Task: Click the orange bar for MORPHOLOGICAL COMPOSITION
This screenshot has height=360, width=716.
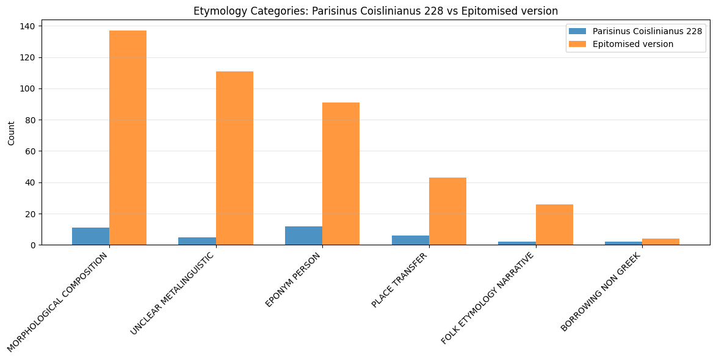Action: [128, 138]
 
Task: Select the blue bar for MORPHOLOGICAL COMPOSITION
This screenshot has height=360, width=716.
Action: [90, 236]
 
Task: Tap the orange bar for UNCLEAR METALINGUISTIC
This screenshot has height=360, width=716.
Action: [234, 158]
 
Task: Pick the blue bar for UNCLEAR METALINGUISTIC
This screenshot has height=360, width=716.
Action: [197, 241]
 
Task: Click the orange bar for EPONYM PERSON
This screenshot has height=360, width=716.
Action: [341, 174]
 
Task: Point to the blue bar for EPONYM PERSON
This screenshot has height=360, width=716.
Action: [303, 236]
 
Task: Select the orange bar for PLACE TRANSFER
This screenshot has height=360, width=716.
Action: [447, 211]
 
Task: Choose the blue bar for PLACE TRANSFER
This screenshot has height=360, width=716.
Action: [410, 240]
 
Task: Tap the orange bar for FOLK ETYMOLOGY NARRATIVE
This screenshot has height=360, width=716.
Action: [554, 225]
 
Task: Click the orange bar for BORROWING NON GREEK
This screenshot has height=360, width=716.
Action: [660, 242]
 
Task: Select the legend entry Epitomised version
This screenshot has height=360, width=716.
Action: [632, 44]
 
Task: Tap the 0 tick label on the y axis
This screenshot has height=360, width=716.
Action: [33, 245]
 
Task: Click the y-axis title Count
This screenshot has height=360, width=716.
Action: [12, 132]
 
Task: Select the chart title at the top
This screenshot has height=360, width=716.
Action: [375, 11]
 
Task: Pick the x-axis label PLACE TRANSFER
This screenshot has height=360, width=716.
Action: [400, 280]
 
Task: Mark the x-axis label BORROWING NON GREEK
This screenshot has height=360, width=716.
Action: [601, 292]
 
